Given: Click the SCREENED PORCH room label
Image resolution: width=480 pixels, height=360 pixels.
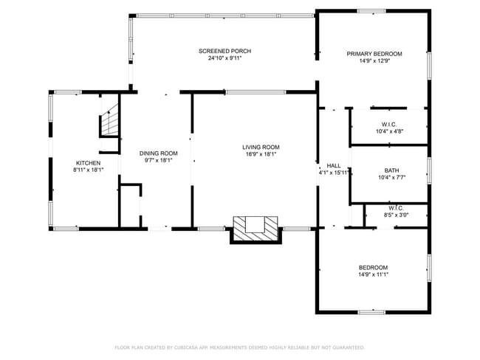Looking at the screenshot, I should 224,51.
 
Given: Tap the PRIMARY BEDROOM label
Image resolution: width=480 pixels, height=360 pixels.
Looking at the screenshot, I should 374,54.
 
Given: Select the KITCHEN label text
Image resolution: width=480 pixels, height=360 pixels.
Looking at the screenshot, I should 87,163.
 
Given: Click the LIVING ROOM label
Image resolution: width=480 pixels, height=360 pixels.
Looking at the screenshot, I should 261,147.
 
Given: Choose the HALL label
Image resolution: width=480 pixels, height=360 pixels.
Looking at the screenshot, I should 333,165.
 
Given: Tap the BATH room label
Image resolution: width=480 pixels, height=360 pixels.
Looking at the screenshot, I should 391,170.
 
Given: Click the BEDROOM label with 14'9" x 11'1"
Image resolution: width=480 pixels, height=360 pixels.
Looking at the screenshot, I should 373,267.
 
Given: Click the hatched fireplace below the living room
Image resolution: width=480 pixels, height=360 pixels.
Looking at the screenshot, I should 256,227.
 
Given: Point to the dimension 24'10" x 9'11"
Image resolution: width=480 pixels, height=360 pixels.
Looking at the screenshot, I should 224,58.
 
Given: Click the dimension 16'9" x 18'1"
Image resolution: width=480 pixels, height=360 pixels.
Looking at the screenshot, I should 261,154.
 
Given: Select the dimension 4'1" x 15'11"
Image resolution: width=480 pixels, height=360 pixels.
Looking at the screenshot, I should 333,173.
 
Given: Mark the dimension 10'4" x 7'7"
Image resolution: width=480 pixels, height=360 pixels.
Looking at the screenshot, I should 391,177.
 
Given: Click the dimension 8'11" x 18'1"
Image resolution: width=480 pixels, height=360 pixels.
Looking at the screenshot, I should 87,170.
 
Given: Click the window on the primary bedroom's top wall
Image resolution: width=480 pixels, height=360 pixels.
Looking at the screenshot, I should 371,10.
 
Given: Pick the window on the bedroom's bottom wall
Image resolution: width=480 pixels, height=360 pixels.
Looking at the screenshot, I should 371,311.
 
